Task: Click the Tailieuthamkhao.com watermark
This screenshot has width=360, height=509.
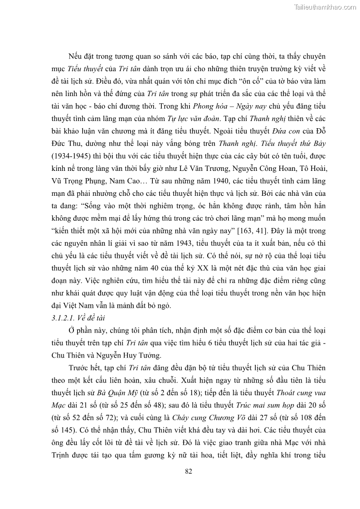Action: click(x=325, y=7)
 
